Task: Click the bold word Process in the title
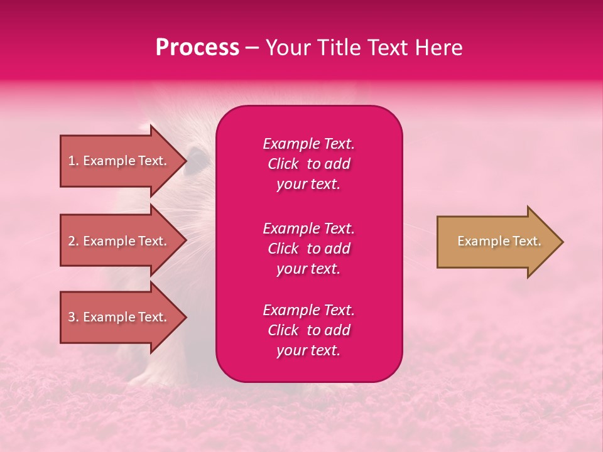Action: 197,48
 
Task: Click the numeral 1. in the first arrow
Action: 73,161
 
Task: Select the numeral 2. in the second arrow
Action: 73,242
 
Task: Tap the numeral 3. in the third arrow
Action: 73,318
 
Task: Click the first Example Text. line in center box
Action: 308,144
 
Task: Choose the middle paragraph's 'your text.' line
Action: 308,269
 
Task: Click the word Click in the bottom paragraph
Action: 283,330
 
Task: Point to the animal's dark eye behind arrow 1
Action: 197,155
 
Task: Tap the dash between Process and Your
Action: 252,48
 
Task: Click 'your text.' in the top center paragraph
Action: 308,185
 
